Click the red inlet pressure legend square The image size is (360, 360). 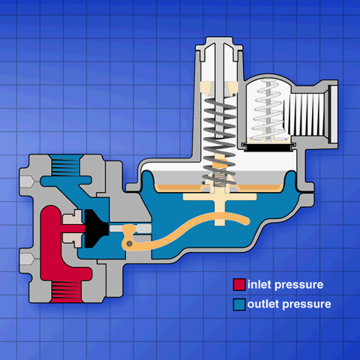(x=239, y=285)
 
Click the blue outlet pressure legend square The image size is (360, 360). (x=239, y=304)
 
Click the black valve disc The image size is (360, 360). (x=96, y=229)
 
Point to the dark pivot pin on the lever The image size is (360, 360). (x=129, y=243)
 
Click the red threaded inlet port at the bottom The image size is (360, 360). (x=67, y=292)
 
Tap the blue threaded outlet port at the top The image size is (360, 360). (x=65, y=165)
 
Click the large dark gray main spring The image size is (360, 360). (x=220, y=141)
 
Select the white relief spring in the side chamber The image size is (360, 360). (x=268, y=110)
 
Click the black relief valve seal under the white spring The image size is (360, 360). (x=268, y=148)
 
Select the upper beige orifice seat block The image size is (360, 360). (x=72, y=217)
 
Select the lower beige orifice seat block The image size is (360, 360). (x=72, y=239)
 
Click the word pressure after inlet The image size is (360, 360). (x=299, y=285)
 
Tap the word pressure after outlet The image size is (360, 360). (x=307, y=304)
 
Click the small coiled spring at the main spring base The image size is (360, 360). (x=220, y=178)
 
